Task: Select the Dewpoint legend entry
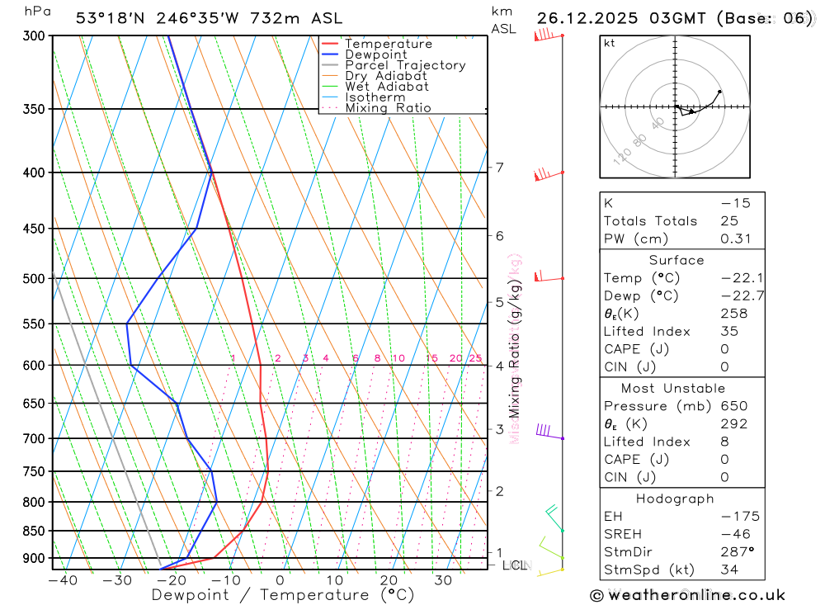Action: tap(375, 54)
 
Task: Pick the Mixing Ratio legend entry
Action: tap(388, 108)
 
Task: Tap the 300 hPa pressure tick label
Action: tap(34, 35)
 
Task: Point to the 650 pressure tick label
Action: tap(34, 404)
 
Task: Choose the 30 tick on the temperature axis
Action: tap(443, 580)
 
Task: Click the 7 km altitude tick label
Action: tap(499, 168)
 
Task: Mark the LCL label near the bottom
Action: tap(515, 565)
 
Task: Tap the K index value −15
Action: tap(734, 203)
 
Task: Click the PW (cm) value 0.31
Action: tap(734, 239)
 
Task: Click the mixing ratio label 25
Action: tap(475, 358)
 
